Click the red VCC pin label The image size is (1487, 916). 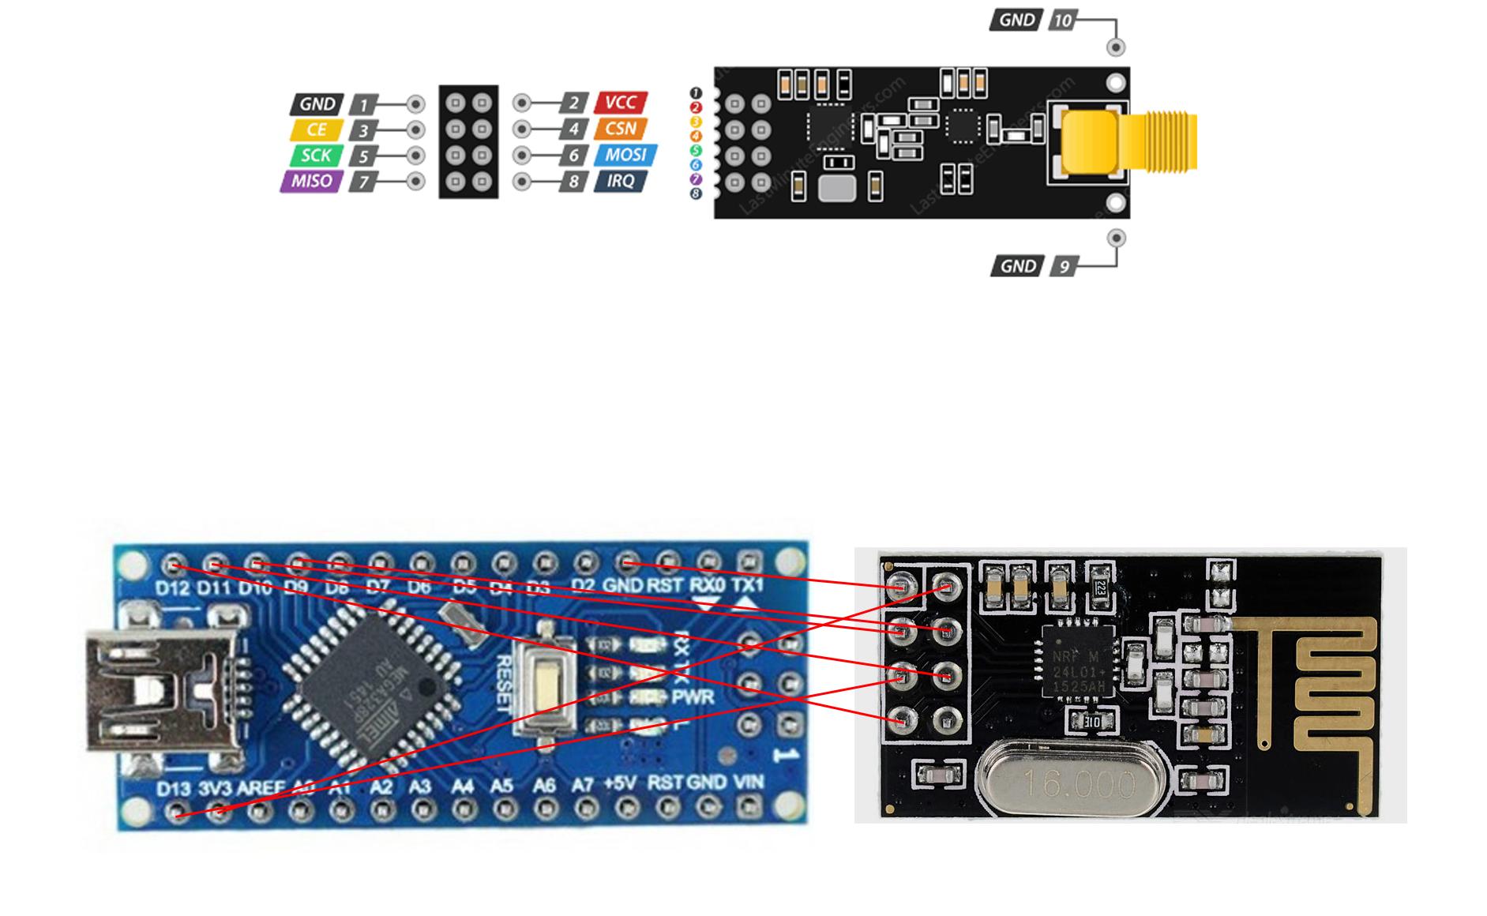621,102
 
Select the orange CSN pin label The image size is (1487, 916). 621,128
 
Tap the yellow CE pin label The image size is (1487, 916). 316,130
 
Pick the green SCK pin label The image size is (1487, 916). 316,156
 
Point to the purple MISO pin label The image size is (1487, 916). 311,181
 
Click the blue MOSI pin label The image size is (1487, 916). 625,155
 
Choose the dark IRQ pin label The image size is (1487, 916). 621,181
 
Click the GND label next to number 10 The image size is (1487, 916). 1016,20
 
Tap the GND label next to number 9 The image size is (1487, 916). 1017,266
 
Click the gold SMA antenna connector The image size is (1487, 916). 1129,141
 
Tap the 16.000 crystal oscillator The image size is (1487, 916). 1057,782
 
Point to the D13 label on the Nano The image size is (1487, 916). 173,788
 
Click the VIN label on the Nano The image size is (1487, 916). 748,783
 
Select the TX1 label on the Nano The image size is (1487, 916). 747,585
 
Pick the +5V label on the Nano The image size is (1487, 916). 619,783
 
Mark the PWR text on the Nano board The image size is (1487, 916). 693,697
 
